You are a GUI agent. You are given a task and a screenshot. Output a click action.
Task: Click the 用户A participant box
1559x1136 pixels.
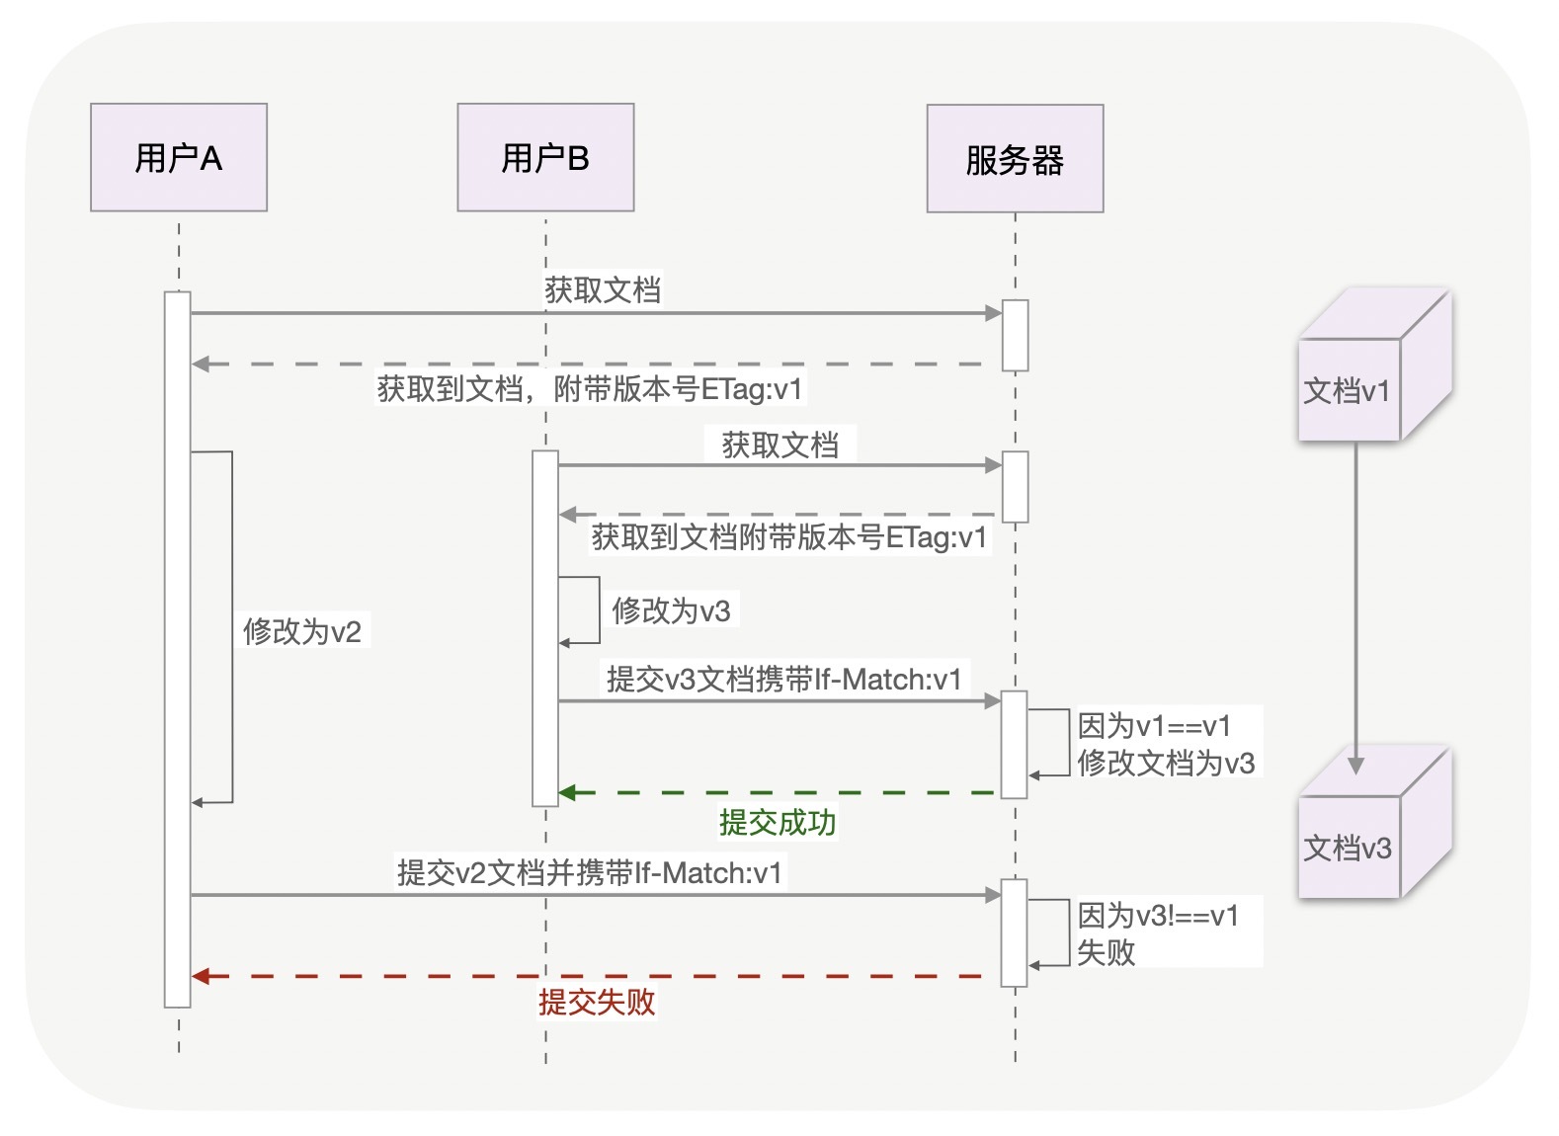click(179, 158)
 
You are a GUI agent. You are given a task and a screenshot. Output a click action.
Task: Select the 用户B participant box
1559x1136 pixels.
click(545, 158)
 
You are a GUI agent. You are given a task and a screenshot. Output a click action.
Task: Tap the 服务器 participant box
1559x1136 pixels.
click(1015, 159)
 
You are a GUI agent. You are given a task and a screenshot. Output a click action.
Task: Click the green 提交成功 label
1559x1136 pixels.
click(778, 822)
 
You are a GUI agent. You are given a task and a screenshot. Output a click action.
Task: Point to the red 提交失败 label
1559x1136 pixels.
click(597, 1002)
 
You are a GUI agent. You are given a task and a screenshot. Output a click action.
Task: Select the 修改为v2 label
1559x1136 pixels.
click(302, 631)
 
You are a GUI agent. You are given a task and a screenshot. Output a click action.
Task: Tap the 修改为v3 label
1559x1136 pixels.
click(672, 610)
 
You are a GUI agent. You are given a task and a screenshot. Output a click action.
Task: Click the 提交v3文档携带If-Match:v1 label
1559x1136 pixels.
click(784, 679)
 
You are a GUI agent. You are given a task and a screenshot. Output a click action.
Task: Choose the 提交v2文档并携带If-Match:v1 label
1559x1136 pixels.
click(590, 872)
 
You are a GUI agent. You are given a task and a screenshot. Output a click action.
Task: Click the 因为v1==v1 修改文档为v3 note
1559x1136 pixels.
click(1166, 744)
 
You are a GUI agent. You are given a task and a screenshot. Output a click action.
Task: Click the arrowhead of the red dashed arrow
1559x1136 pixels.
click(201, 976)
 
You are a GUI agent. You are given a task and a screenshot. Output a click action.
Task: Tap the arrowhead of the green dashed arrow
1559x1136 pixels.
click(568, 792)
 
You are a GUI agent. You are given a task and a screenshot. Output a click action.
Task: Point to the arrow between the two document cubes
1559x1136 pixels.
click(1355, 603)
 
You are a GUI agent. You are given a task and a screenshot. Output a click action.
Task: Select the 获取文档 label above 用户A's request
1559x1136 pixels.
click(603, 289)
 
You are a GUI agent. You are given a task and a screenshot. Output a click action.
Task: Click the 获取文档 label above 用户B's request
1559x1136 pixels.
click(780, 445)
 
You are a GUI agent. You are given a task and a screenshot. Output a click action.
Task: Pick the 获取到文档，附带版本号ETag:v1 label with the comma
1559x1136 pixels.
click(590, 388)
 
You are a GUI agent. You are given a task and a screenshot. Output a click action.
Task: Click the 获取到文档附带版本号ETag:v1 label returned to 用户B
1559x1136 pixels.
click(789, 537)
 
